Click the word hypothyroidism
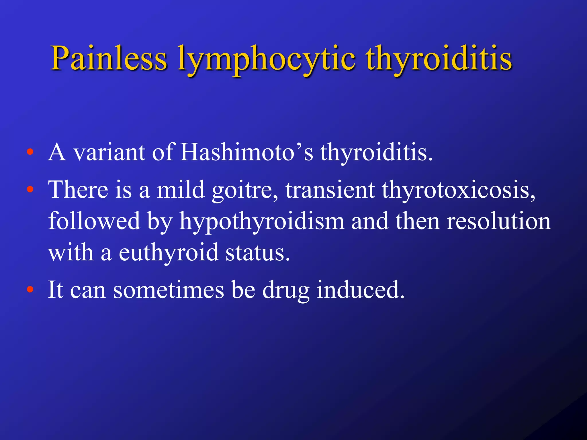(262, 222)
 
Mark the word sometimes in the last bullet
(169, 290)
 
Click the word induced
(361, 290)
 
